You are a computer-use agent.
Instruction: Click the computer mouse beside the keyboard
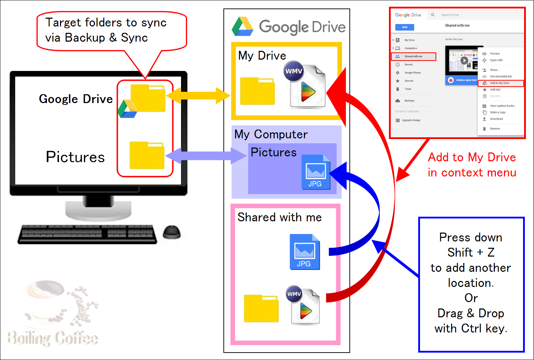click(172, 232)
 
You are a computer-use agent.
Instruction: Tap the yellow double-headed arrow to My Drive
click(198, 96)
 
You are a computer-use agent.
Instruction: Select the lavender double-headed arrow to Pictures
click(206, 156)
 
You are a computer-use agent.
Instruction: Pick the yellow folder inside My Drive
click(257, 91)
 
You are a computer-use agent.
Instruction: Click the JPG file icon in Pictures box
click(316, 172)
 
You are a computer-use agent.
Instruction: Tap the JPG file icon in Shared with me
click(305, 252)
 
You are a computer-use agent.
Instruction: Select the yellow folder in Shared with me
click(261, 308)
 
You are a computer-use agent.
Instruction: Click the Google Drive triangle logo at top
click(242, 27)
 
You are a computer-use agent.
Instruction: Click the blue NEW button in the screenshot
click(404, 27)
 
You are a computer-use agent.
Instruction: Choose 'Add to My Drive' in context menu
click(500, 83)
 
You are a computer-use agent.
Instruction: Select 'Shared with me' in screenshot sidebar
click(413, 56)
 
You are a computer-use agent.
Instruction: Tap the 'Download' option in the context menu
click(496, 119)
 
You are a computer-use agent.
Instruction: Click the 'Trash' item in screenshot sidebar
click(408, 89)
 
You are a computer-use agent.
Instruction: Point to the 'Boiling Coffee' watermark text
click(53, 338)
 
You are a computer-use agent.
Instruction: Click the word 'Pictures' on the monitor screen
click(75, 157)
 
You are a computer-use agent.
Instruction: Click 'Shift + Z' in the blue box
click(471, 252)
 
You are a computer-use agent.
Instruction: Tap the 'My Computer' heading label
click(271, 134)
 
